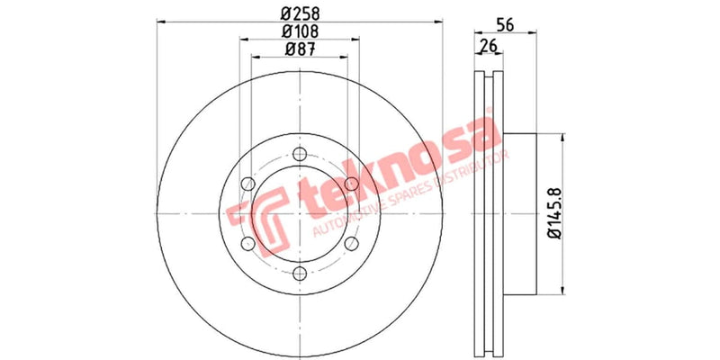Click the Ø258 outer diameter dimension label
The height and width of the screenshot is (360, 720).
(299, 13)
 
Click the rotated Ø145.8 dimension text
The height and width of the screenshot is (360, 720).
(554, 213)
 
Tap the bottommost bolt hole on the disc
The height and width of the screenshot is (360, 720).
(300, 275)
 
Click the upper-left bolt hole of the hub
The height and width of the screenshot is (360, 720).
(247, 185)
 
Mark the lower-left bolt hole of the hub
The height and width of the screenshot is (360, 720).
(247, 245)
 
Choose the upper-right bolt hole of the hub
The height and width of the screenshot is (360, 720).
(352, 185)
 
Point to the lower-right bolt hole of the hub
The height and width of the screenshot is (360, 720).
(352, 245)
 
